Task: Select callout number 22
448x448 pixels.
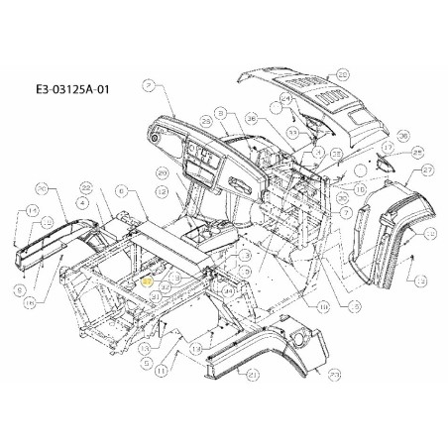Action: click(87, 187)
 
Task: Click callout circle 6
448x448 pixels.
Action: click(120, 191)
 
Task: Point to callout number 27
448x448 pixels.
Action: click(428, 169)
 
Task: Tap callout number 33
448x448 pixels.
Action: click(293, 131)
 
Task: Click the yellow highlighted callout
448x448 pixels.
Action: click(148, 281)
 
